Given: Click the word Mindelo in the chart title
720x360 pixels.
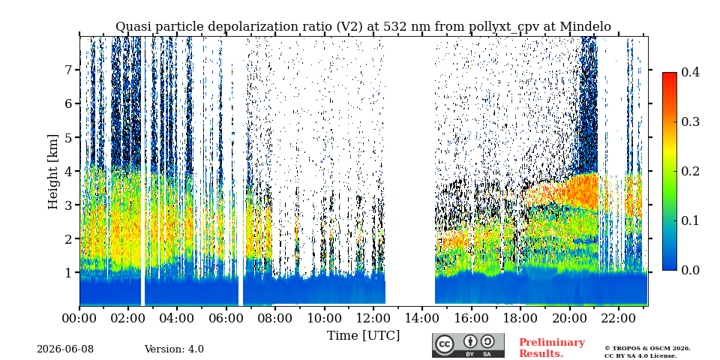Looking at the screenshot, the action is click(585, 27).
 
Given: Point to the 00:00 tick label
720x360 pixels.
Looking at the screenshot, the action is click(79, 318).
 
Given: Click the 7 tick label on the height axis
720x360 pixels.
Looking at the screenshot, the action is click(70, 70).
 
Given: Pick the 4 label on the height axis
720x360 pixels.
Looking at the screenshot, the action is click(70, 171).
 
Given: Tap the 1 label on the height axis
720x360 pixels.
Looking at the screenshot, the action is click(70, 272).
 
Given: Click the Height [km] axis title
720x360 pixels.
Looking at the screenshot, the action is click(54, 172).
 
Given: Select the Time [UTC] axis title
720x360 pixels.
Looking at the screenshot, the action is click(363, 336).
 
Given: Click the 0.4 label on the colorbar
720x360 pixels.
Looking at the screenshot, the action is click(690, 73).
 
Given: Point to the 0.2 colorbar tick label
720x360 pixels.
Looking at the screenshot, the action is click(690, 171).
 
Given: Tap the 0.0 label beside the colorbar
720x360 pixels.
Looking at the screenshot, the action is click(690, 270).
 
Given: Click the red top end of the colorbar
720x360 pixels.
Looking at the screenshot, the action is click(670, 74).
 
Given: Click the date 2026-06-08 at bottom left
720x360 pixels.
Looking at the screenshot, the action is click(65, 349).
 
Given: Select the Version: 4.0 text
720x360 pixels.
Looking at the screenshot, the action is click(174, 349).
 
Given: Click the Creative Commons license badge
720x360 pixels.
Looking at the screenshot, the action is click(468, 345).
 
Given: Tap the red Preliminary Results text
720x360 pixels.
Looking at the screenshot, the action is click(552, 348).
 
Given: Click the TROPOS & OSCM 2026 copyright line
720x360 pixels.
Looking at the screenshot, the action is click(647, 349).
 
